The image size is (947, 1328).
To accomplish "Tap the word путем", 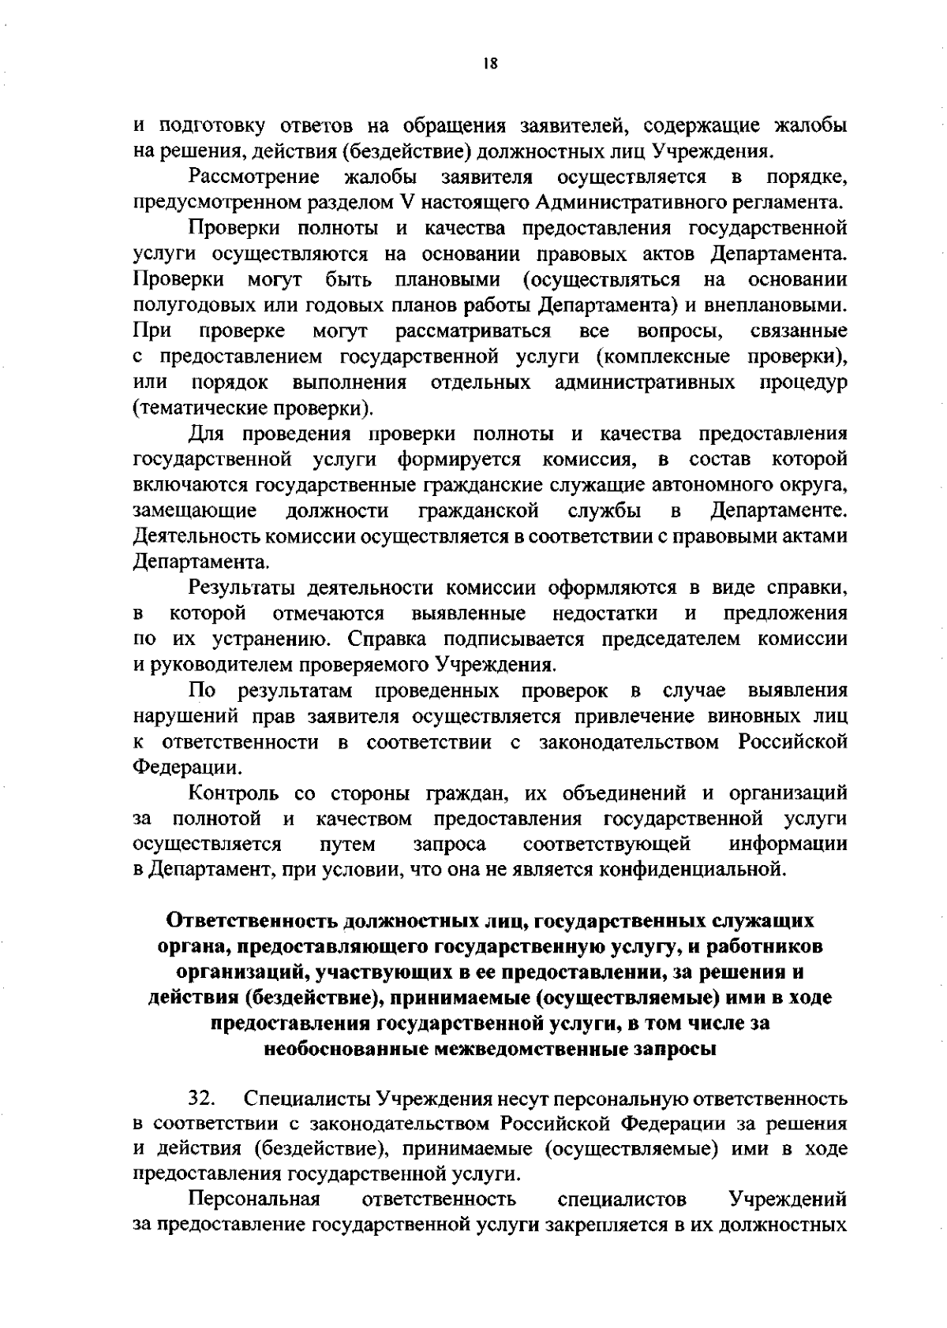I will pos(348,845).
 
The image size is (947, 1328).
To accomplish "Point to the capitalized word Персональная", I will pos(254,1200).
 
